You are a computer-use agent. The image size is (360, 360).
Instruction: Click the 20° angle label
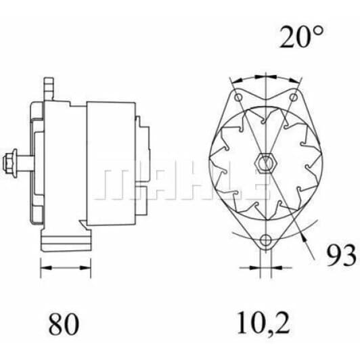click(301, 37)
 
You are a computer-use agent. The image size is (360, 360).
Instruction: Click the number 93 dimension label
click(342, 255)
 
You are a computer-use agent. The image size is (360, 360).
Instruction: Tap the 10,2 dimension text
click(263, 323)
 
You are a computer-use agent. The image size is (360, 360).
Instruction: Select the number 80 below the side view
click(64, 323)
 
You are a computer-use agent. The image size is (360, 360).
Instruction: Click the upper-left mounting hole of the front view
click(239, 97)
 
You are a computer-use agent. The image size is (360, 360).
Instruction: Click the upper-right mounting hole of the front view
click(293, 97)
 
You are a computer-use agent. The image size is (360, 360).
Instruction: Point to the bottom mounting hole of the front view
click(266, 240)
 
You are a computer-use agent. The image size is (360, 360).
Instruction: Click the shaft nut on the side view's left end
click(10, 163)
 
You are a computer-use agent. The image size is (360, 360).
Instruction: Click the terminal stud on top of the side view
click(49, 89)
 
